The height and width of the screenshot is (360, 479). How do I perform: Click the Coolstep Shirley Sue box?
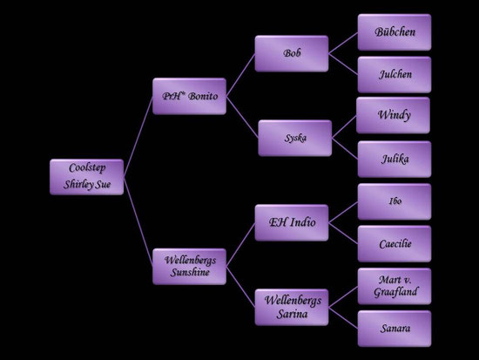87,177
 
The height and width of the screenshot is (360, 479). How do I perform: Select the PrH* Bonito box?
189,96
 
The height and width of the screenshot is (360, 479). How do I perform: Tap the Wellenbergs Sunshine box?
189,267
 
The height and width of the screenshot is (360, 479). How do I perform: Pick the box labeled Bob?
292,53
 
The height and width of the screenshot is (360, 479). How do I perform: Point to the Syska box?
295,138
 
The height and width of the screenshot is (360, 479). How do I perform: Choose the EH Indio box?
292,222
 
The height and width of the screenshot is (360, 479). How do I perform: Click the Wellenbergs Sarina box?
292,307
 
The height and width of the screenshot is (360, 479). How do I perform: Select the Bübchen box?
395,32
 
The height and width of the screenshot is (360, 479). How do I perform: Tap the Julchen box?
395,75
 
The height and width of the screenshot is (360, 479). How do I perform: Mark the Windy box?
393,115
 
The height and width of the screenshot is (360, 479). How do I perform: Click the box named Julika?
395,159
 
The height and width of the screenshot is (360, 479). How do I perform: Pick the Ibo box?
395,201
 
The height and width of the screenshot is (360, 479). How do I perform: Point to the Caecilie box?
395,244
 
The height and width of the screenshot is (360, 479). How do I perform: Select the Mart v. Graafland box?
395,286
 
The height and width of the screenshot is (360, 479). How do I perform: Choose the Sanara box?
395,329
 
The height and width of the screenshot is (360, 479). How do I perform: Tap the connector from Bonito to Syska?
242,117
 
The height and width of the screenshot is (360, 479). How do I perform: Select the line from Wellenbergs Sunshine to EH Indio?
240,245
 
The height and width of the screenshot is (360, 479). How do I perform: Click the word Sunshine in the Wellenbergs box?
190,272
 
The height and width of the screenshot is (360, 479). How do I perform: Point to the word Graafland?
395,292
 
